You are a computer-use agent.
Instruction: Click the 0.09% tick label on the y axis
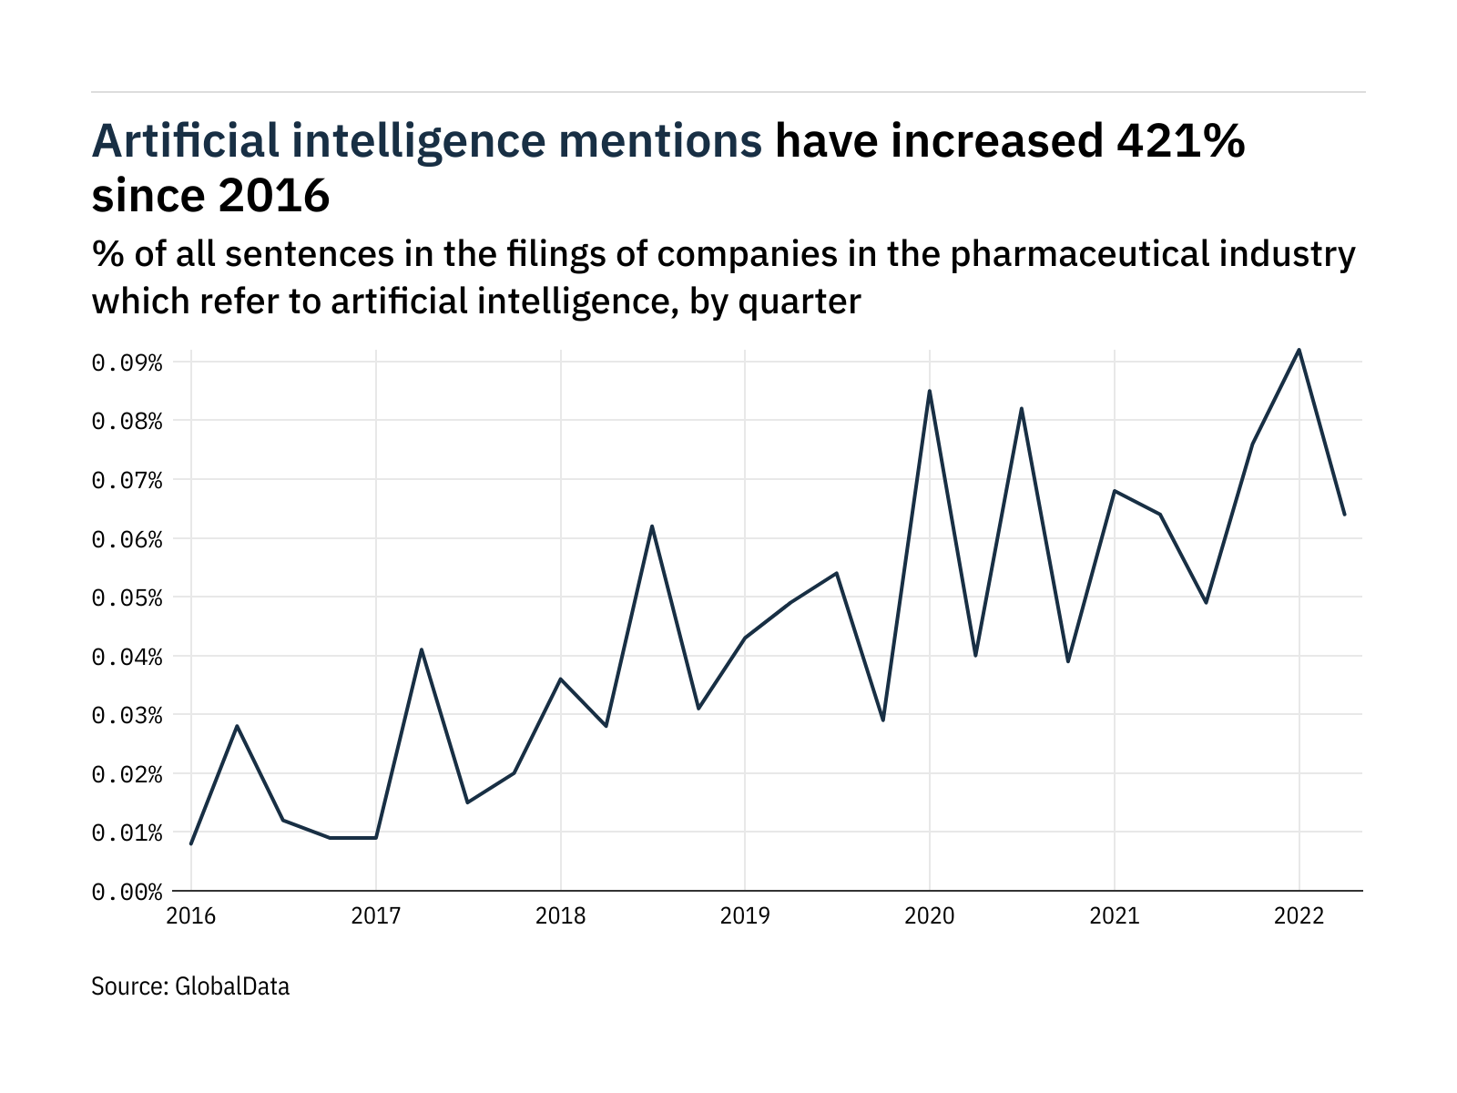127,363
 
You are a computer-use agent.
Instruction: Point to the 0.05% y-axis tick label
127,598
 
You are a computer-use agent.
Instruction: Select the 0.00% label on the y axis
127,892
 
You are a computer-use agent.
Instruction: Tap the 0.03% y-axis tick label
127,716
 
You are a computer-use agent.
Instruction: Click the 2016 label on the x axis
191,916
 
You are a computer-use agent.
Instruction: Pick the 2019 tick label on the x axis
745,916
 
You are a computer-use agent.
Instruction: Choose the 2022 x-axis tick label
1299,916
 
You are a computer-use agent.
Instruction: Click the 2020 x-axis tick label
930,916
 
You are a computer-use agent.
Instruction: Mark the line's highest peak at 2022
1299,350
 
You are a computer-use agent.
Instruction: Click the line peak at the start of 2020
930,391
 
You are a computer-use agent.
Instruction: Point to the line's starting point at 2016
191,844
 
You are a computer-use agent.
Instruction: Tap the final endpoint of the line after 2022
1345,515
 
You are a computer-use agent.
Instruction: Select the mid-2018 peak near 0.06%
652,526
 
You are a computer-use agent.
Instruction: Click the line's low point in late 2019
883,720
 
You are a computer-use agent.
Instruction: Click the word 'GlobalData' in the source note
231,986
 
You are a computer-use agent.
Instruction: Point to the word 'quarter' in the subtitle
800,301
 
